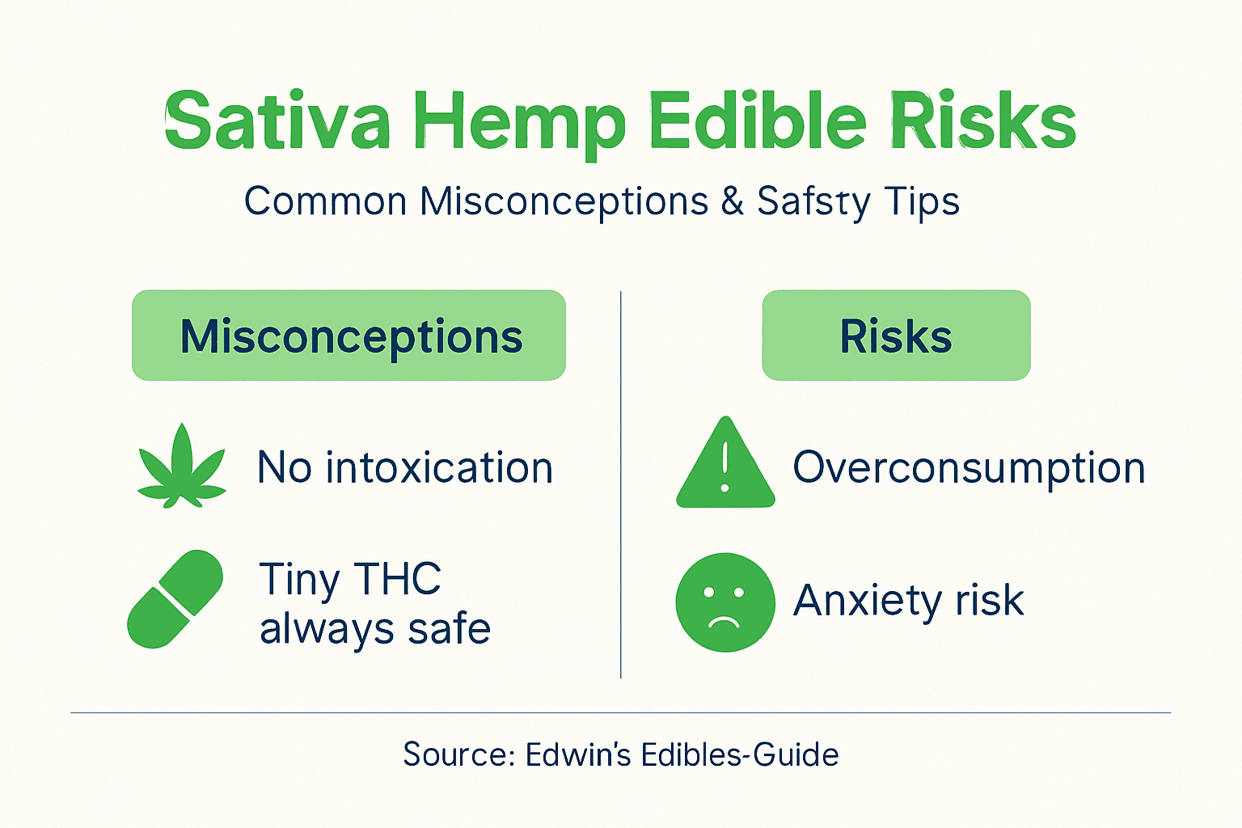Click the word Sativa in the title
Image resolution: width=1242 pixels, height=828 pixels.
pos(277,121)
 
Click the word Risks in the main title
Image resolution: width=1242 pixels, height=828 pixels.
pos(982,121)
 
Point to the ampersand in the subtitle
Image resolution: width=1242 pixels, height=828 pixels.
pos(733,201)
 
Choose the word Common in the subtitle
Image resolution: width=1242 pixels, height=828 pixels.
pos(325,201)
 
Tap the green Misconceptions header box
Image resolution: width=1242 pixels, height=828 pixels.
pos(349,336)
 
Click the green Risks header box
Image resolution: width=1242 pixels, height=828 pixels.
pos(896,336)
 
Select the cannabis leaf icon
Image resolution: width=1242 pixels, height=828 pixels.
pos(182,468)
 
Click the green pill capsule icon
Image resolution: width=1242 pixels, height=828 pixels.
pos(175,599)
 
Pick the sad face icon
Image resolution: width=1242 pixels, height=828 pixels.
pos(725,602)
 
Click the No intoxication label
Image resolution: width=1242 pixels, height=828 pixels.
pos(405,467)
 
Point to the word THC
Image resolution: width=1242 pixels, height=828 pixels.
pos(398,579)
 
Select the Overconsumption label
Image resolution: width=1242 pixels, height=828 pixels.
pos(969,467)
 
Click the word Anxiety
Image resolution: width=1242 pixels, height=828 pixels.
pos(868,601)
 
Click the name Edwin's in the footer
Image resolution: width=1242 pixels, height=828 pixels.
pos(577,754)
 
